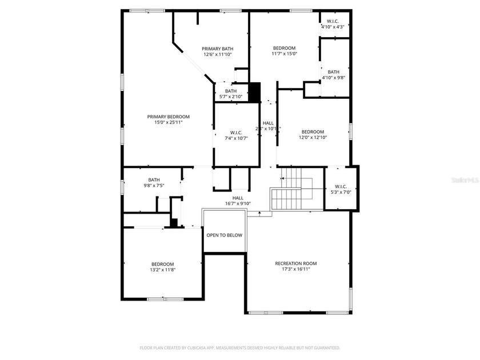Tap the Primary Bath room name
point(218,49)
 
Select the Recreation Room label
point(295,263)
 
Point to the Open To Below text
point(224,235)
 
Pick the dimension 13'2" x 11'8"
point(163,270)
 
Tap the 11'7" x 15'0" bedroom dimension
point(284,54)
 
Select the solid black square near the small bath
point(254,92)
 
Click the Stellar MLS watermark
point(465,179)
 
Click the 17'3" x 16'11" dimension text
point(295,269)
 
